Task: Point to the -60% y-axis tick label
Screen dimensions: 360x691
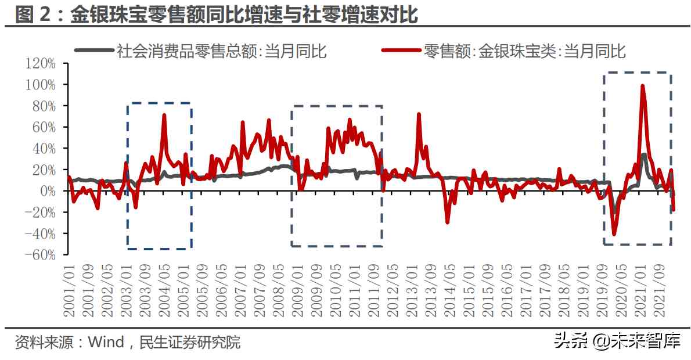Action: (41, 255)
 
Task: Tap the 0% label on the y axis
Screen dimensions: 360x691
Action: (47, 191)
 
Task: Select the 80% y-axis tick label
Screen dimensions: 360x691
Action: (44, 106)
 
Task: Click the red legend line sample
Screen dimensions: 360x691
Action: (400, 51)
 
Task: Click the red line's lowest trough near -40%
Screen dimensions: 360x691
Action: (614, 234)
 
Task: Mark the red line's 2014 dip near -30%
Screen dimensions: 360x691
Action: (447, 222)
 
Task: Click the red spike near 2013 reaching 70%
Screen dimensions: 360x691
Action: (419, 114)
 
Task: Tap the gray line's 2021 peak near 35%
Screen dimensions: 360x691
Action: (644, 154)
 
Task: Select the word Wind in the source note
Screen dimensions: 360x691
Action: (106, 342)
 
